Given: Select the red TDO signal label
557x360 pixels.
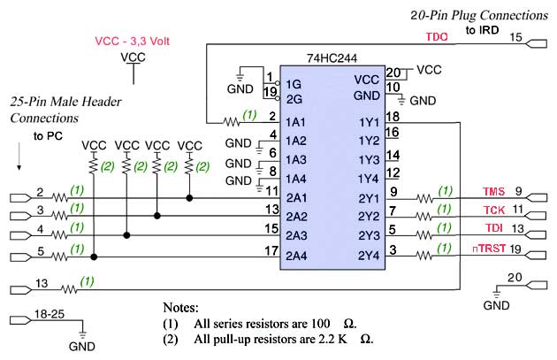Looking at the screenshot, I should [437, 37].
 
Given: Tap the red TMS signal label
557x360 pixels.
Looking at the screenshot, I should [493, 192].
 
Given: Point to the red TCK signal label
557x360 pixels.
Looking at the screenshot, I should [493, 211].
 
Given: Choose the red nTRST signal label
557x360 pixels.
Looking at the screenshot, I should [489, 249].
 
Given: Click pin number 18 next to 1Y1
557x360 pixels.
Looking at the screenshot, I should [393, 116].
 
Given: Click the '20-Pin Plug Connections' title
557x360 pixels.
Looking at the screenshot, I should [480, 15].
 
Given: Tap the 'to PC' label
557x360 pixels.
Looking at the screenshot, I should [50, 136].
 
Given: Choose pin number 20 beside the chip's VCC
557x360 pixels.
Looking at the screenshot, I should [393, 73].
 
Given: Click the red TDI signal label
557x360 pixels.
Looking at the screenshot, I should [493, 230].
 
